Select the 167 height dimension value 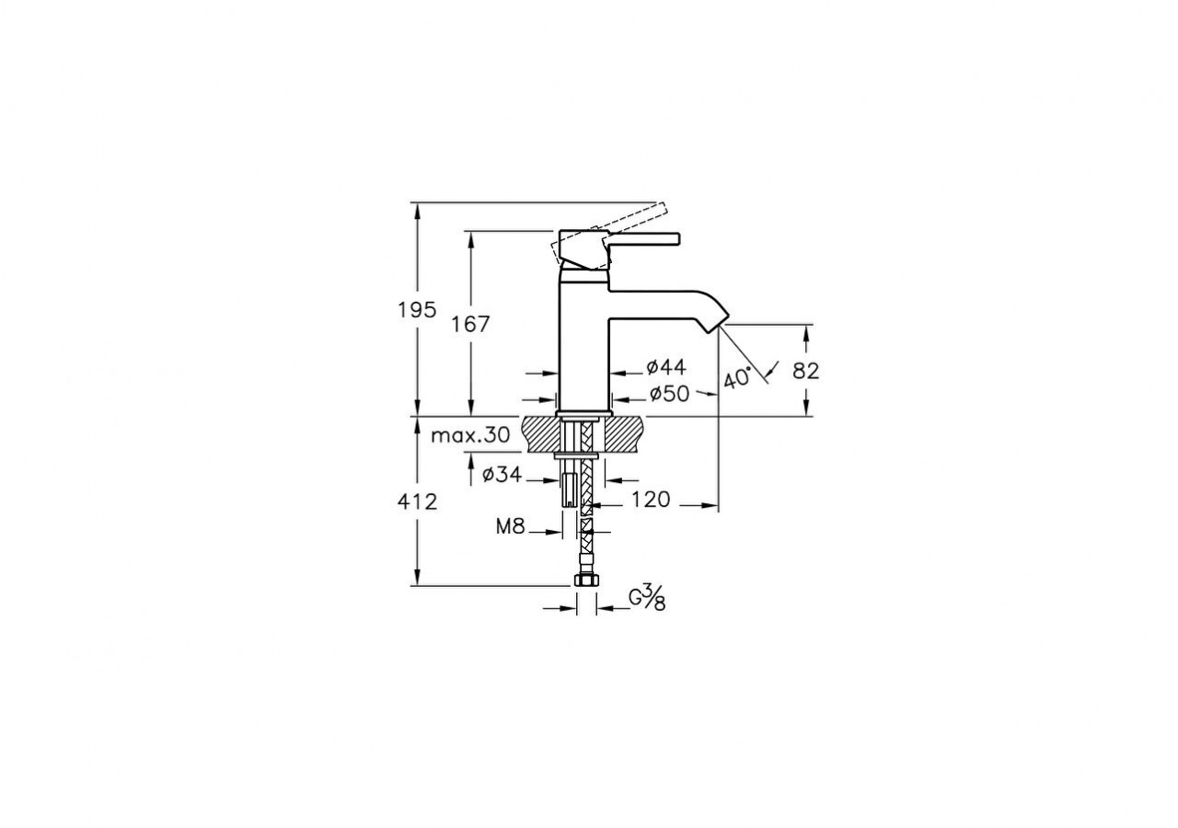470,324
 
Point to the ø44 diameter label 666,368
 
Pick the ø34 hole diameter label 502,475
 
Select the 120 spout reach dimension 651,500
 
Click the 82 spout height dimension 805,370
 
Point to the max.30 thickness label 469,436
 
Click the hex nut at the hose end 584,581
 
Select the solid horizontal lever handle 644,241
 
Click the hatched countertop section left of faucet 540,431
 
